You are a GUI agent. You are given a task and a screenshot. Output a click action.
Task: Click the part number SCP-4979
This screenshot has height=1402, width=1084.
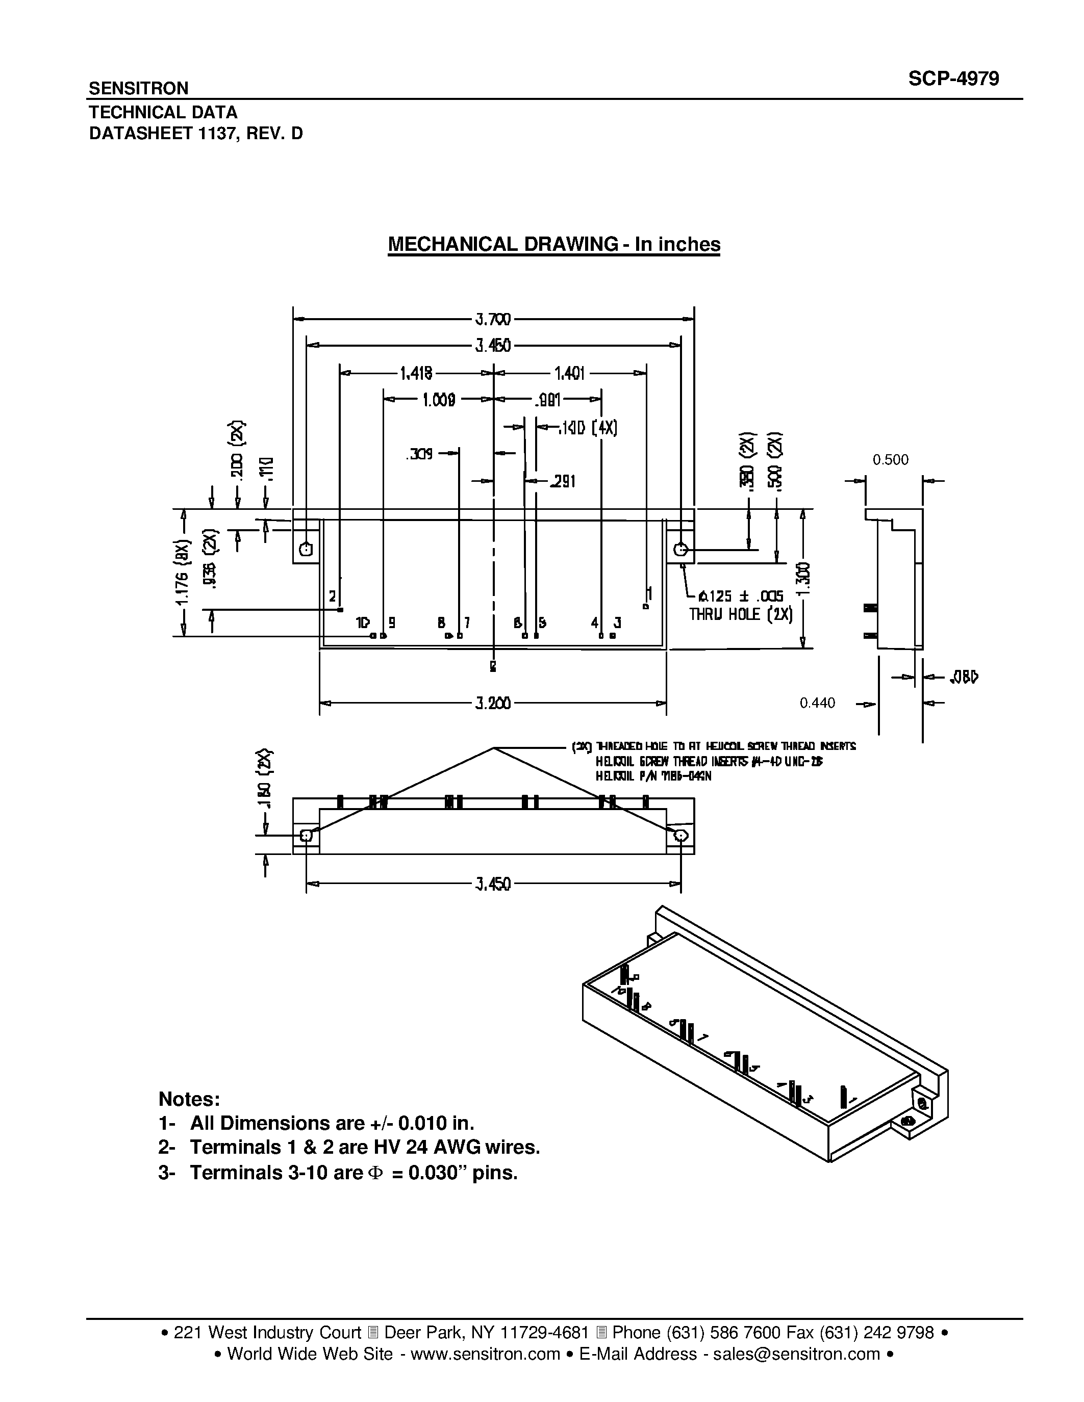coord(953,79)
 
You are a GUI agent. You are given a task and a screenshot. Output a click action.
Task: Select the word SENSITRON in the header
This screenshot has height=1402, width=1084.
coord(138,88)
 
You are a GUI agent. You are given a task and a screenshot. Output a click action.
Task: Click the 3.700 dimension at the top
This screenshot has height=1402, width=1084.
coord(493,319)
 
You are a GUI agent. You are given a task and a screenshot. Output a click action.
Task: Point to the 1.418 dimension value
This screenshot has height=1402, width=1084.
coord(416,373)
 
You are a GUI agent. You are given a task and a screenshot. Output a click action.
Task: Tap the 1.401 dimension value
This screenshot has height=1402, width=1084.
coord(569,373)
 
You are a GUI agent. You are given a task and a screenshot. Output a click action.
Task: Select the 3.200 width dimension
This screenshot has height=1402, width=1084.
coord(493,704)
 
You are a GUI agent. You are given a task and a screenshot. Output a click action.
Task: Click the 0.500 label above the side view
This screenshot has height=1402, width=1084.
coord(890,460)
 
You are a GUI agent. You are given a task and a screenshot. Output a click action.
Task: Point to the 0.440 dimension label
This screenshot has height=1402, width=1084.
coord(817,704)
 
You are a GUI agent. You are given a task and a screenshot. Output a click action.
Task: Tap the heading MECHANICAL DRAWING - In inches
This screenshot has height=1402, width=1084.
coord(553,245)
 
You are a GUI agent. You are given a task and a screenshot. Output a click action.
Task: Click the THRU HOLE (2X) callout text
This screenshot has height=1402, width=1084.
coord(740,614)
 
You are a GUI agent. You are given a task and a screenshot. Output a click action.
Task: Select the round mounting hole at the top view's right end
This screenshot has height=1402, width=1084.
coord(680,549)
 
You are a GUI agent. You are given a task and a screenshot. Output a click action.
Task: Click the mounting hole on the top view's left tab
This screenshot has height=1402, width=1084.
coord(306,549)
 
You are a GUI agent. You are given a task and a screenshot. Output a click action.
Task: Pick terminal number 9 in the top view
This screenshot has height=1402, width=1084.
coord(392,622)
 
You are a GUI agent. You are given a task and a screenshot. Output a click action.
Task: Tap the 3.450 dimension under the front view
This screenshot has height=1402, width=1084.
coord(493,885)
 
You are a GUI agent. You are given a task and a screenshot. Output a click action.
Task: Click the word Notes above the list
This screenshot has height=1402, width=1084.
coord(189,1099)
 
